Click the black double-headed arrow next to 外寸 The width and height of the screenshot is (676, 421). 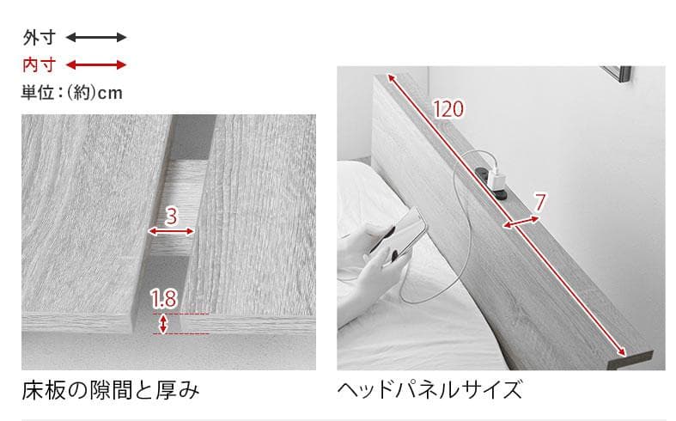tap(96, 37)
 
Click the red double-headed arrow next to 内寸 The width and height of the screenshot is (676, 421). tap(96, 64)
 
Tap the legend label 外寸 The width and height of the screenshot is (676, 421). tap(39, 37)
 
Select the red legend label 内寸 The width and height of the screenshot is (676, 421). tap(39, 64)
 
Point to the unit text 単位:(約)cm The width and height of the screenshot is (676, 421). tap(71, 92)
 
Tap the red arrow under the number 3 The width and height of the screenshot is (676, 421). tap(171, 231)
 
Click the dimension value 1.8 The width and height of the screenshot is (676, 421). tap(163, 300)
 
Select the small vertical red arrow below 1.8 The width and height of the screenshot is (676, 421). tap(163, 323)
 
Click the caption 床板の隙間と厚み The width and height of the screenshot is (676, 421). tap(111, 391)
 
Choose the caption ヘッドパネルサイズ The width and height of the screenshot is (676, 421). tap(429, 391)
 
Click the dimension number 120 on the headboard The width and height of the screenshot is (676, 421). tap(448, 109)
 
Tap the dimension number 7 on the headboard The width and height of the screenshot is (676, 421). tap(539, 204)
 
